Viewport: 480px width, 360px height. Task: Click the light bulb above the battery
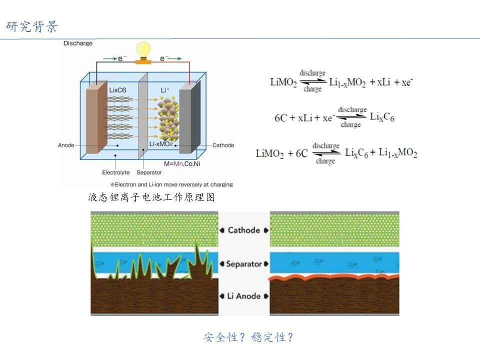[143, 52]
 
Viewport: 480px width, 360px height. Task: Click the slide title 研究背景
[32, 26]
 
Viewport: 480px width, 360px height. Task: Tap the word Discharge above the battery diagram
[78, 43]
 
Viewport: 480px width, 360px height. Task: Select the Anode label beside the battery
[66, 145]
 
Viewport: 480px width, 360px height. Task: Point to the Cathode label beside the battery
[223, 145]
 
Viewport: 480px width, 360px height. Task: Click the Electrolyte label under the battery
[115, 172]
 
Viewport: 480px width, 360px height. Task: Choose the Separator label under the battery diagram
[149, 172]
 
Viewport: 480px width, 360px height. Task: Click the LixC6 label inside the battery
[117, 90]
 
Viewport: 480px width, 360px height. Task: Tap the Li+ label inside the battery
[165, 90]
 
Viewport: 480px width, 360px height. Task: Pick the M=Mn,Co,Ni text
[182, 164]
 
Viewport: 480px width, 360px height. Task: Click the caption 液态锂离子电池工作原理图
[151, 197]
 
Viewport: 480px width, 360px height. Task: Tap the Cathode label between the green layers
[244, 230]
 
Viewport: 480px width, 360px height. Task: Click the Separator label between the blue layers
[244, 263]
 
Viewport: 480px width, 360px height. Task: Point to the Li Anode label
[244, 296]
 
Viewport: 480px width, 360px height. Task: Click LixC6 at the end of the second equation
[382, 117]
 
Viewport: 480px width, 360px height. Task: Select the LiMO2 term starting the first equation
[283, 82]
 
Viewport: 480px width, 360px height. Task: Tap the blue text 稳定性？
[272, 337]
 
